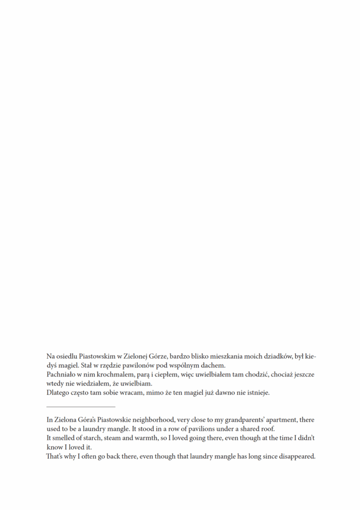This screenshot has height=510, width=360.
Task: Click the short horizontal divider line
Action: click(x=80, y=407)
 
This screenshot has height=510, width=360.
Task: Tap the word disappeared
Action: click(x=296, y=456)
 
